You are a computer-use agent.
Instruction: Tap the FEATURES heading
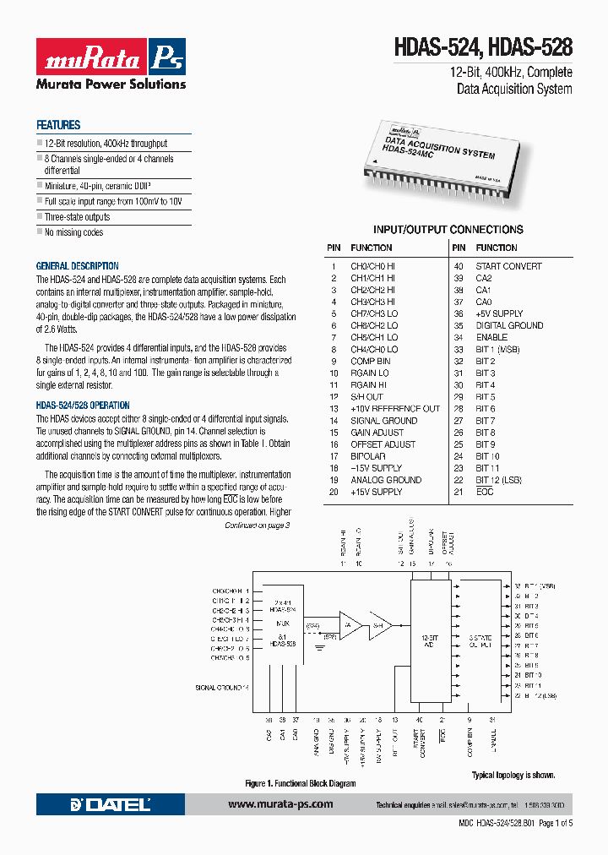(58, 125)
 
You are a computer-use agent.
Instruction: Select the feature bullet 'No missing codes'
(73, 232)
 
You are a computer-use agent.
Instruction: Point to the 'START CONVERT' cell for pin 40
(508, 266)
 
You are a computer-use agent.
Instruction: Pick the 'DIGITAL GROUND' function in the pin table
(509, 325)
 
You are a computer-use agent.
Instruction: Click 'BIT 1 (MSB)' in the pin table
(497, 349)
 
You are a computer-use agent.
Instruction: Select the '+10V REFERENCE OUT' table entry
(395, 409)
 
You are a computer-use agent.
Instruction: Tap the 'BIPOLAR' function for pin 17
(368, 456)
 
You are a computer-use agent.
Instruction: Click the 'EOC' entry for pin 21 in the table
(485, 492)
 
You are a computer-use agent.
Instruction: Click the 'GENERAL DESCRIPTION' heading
(77, 266)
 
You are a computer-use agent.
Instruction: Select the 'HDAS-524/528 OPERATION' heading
(83, 406)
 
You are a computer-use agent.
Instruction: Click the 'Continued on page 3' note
(257, 526)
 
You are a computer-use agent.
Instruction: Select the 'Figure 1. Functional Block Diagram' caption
(300, 783)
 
